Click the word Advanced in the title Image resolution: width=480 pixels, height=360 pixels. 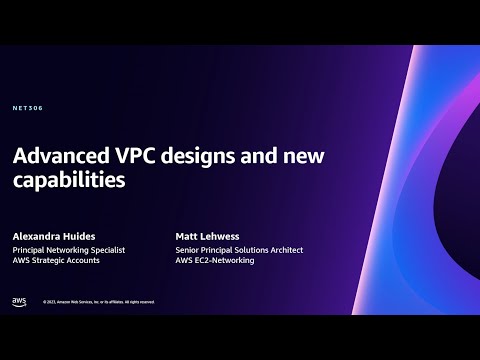point(63,158)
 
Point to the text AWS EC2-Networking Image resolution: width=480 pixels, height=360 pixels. point(216,260)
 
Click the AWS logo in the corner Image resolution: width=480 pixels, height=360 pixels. point(19,300)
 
